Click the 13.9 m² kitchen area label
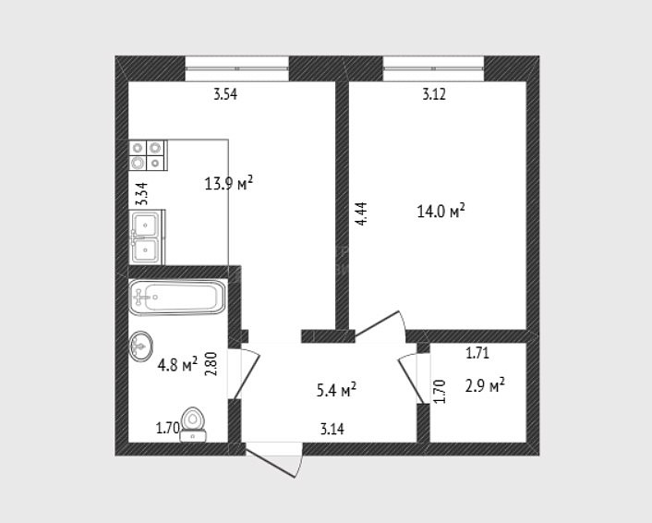(x=229, y=183)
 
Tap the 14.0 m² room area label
(x=441, y=211)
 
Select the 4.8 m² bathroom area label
(x=177, y=365)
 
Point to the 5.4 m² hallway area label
(x=336, y=390)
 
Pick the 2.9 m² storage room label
(x=485, y=385)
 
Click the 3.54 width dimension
(x=225, y=94)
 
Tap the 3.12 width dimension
(x=434, y=94)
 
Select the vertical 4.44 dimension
(x=362, y=213)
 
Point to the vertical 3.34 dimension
(x=142, y=194)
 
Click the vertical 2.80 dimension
(x=211, y=364)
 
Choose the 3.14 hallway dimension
(x=332, y=429)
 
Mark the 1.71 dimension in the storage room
(x=477, y=353)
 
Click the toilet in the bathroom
(x=193, y=424)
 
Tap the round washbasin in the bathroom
(x=140, y=346)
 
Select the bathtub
(x=177, y=297)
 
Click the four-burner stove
(x=148, y=155)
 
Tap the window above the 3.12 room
(x=433, y=68)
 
